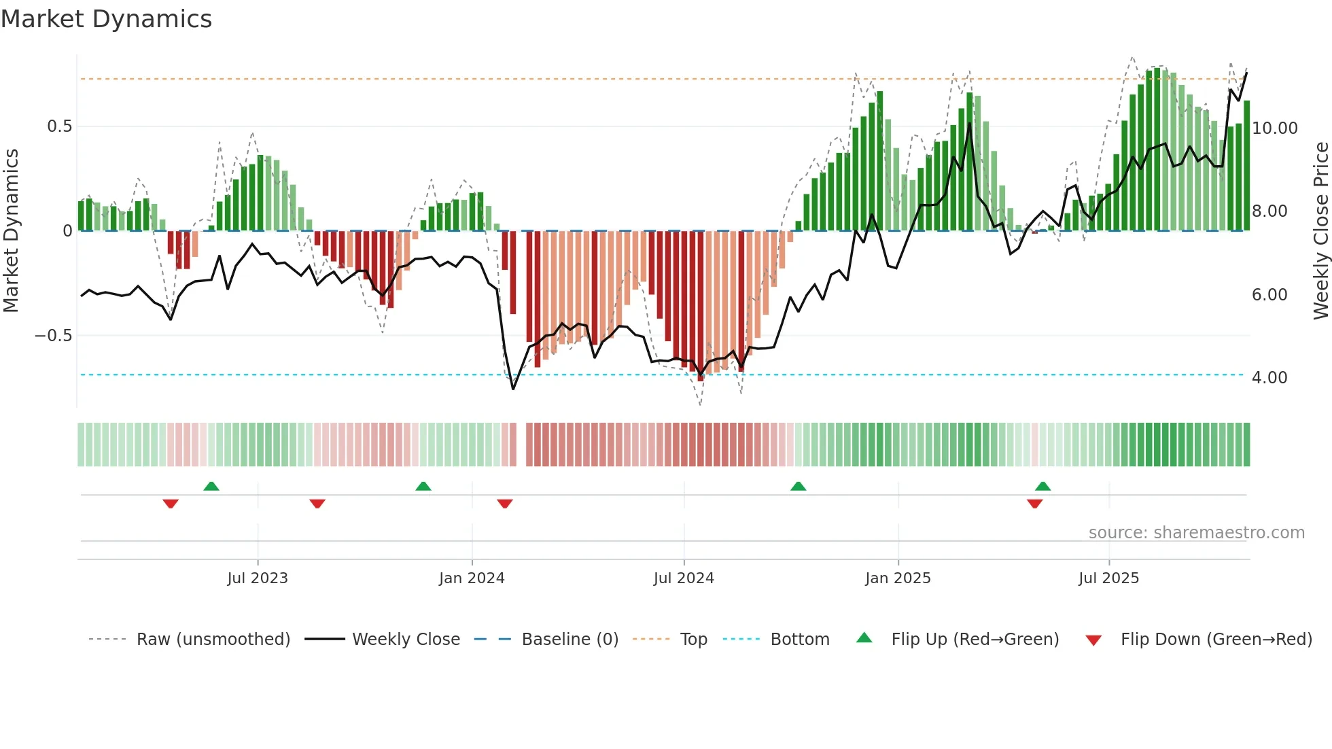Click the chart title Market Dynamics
(106, 19)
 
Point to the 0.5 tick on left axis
(59, 126)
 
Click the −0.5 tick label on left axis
(53, 336)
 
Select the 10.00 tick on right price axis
(1274, 128)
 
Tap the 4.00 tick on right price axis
(1269, 378)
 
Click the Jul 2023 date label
(258, 578)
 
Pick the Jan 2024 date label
(472, 578)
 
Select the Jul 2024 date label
(684, 578)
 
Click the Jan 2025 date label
(898, 578)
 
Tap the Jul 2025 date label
(1108, 578)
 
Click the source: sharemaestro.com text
(1196, 533)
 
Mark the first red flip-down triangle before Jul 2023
(171, 503)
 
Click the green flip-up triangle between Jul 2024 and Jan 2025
(799, 486)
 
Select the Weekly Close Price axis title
(1320, 230)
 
